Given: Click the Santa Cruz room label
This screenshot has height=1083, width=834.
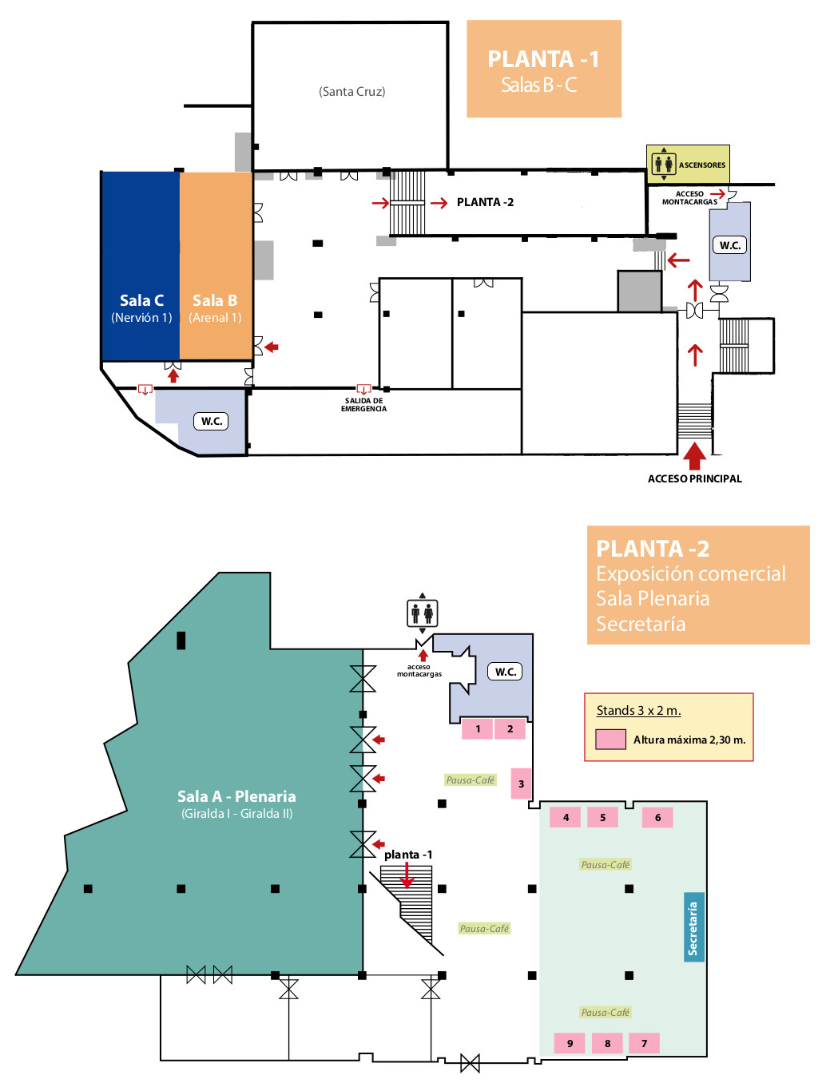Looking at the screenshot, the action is click(351, 91).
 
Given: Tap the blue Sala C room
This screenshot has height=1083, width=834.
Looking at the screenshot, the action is click(141, 265).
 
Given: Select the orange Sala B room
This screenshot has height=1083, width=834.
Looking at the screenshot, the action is click(216, 265).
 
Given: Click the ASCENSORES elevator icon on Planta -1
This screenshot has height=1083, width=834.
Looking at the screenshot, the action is click(663, 165).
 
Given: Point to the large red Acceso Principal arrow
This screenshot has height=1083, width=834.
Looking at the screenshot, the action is click(694, 457).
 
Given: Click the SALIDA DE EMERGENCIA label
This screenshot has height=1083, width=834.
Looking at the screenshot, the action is click(363, 404).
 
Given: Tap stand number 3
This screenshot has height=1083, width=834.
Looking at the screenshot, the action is click(521, 783).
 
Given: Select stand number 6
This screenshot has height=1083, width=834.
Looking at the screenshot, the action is click(657, 817).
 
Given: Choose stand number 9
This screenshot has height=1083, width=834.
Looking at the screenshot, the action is click(570, 1043).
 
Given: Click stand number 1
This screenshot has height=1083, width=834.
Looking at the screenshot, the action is click(477, 728).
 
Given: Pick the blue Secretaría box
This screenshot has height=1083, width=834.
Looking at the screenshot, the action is click(693, 927).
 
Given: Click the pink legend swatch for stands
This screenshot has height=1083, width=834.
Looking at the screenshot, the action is click(610, 739).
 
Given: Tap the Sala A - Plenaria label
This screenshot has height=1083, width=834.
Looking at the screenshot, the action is click(236, 796).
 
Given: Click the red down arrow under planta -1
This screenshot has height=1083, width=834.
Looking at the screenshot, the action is click(407, 875).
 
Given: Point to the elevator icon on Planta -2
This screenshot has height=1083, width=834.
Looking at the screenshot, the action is click(422, 613).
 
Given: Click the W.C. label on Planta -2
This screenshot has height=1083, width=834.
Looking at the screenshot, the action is click(505, 672).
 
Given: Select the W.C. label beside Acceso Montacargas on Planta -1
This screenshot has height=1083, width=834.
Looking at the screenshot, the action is click(729, 245).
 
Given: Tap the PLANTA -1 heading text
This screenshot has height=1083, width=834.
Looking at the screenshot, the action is click(543, 59).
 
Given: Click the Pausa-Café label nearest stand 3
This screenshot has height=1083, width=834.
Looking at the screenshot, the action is click(470, 780).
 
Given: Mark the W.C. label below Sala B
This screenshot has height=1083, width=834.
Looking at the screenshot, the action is click(212, 421).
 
